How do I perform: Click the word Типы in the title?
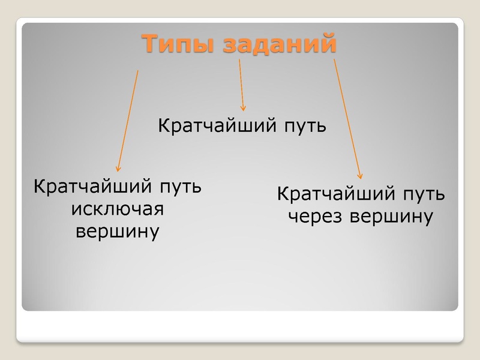click(179, 44)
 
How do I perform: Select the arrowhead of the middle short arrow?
click(243, 109)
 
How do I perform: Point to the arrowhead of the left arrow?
click(118, 169)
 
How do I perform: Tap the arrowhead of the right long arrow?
click(361, 176)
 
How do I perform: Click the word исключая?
click(118, 209)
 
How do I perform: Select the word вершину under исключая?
click(118, 231)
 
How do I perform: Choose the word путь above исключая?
click(179, 187)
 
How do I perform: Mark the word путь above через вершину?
click(422, 194)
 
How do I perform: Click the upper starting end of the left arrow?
click(138, 71)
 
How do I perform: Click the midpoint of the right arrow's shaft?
click(347, 118)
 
